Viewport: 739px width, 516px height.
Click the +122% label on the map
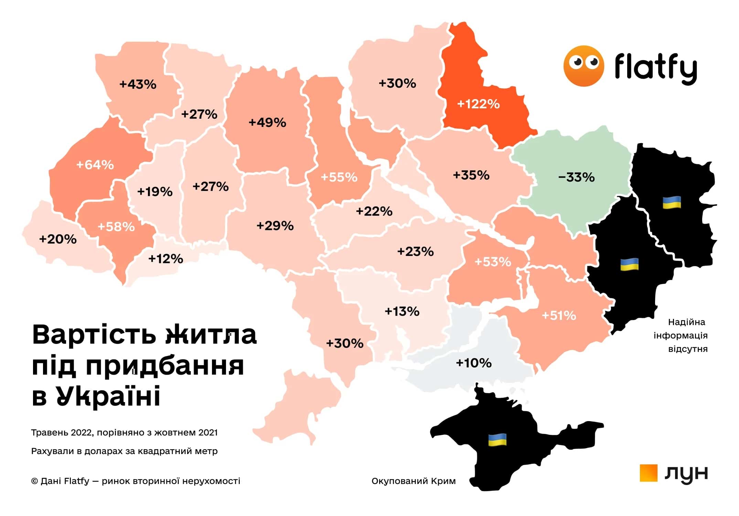[x=478, y=104]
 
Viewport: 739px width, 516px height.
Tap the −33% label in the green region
[x=576, y=177]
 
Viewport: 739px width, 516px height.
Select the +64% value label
[x=95, y=165]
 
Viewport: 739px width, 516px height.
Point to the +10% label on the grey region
[x=474, y=363]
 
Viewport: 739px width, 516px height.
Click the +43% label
[x=138, y=84]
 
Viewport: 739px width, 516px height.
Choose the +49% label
[x=267, y=122]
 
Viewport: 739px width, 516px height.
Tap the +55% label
[x=339, y=177]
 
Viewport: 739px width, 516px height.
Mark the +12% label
[x=166, y=258]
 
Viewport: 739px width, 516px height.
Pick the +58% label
[x=116, y=227]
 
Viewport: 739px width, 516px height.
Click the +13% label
[x=402, y=311]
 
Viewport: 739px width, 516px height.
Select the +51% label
[x=559, y=315]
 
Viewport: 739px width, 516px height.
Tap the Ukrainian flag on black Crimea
[x=497, y=440]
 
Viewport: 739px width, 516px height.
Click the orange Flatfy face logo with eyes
[x=583, y=66]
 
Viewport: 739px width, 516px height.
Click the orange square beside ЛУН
[x=648, y=473]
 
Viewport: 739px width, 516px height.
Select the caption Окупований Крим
[x=414, y=481]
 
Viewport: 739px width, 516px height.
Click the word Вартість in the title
[x=93, y=335]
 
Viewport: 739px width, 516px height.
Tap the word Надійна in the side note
[x=686, y=322]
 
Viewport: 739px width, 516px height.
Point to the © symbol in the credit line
[x=34, y=481]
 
